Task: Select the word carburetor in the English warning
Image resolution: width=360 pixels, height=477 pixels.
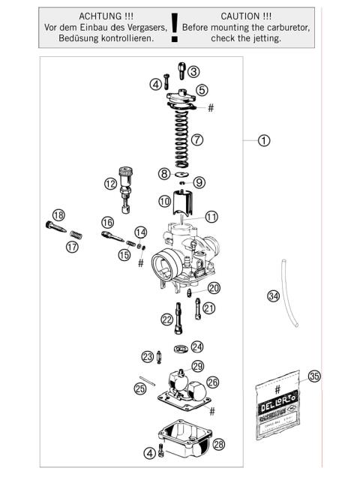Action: point(287,27)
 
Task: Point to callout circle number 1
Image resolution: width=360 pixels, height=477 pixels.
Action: point(263,140)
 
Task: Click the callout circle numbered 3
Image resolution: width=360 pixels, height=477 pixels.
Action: point(193,72)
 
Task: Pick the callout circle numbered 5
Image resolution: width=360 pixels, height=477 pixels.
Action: point(202,90)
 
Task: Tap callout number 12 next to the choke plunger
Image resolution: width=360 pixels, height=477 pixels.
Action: point(110,183)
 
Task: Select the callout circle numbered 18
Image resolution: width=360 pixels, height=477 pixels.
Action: point(58,215)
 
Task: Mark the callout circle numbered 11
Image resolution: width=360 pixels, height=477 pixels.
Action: point(211,217)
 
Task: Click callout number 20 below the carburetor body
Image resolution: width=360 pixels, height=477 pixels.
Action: point(214,288)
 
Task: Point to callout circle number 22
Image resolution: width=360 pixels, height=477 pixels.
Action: point(166,319)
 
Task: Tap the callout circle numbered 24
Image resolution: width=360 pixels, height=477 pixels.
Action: point(196,346)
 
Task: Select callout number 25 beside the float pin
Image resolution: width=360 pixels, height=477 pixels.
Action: point(139,388)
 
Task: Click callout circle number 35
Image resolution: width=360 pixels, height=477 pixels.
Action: point(314,377)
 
